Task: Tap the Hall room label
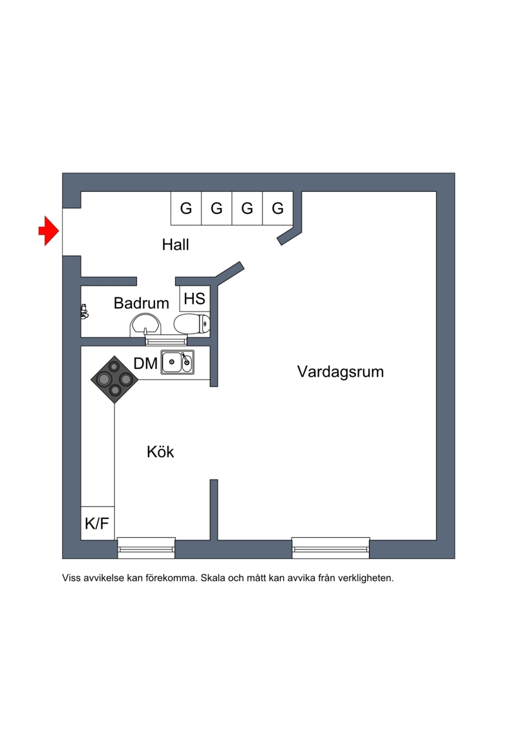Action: [x=175, y=245]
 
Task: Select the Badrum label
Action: [x=142, y=302]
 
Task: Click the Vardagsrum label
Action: [x=341, y=372]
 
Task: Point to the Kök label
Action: [x=160, y=452]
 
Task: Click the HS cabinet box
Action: [x=195, y=299]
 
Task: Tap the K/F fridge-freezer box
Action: [x=98, y=523]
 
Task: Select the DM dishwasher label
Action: [x=145, y=363]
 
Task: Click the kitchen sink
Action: [x=177, y=363]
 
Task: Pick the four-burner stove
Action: [x=114, y=379]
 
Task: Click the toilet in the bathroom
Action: [x=193, y=323]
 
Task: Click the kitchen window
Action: [x=146, y=548]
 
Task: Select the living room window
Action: [x=331, y=548]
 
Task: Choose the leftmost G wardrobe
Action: [x=186, y=209]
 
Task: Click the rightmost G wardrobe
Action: [x=278, y=209]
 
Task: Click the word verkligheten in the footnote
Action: [x=363, y=578]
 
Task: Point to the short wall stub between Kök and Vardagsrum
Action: [x=214, y=509]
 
